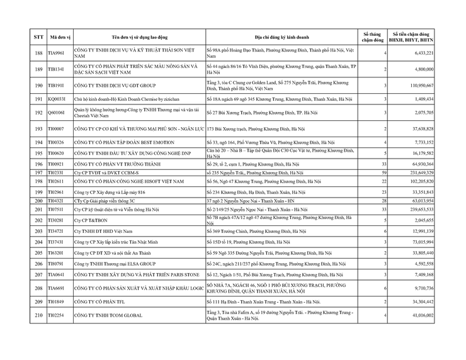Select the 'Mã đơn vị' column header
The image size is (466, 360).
tap(59, 37)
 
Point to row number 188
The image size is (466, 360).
tap(38, 53)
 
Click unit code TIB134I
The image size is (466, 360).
tap(57, 69)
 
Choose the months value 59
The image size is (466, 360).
tap(383, 172)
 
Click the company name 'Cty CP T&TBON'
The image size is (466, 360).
tap(88, 220)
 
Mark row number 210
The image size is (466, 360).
tap(38, 315)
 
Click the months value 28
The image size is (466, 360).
tap(383, 200)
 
